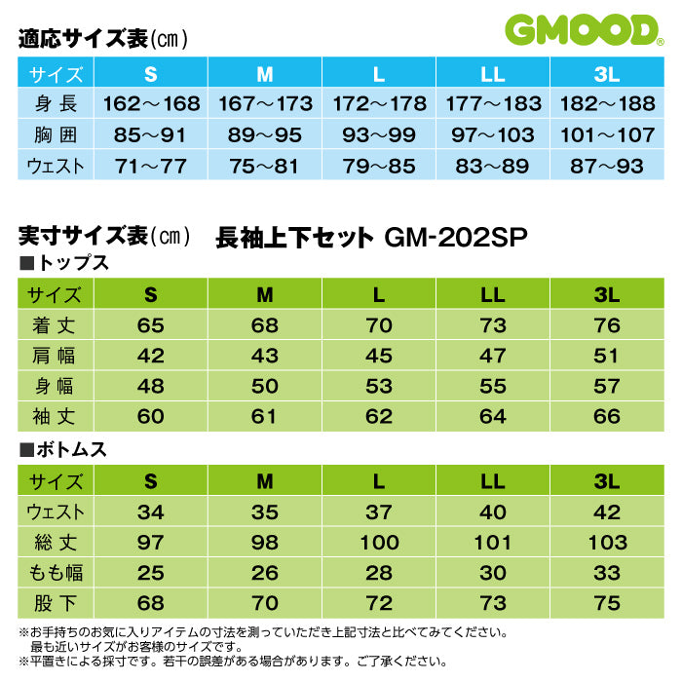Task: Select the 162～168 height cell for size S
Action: coord(151,103)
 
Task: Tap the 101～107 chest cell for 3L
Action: coord(607,134)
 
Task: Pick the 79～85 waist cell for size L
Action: coord(379,166)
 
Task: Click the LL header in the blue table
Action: coord(493,73)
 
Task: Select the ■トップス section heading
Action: coord(63,263)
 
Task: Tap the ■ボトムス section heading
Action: coord(63,449)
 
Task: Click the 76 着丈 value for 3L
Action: coord(607,325)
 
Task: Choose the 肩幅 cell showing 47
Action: coord(493,356)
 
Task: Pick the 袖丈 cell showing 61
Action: coord(265,417)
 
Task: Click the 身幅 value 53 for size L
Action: coord(379,387)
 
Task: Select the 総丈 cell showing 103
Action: coord(607,543)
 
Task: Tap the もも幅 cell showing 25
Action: coord(151,574)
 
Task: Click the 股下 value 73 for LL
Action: coord(493,604)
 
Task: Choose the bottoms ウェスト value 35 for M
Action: coord(265,511)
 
